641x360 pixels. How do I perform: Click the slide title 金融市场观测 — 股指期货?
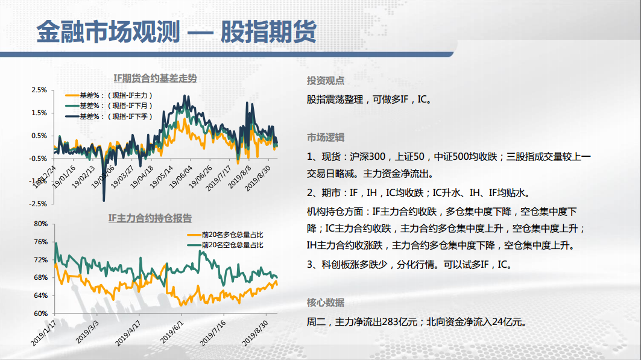(177, 31)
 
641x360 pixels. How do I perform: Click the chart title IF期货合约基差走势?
(156, 78)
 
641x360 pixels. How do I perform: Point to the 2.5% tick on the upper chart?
(39, 90)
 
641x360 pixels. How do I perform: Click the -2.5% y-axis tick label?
(38, 203)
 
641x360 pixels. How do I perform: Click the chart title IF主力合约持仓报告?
(150, 218)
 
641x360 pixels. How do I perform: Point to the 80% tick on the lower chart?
(41, 224)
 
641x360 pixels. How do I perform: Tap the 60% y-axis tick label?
(41, 314)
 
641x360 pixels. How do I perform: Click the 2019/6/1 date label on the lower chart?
(172, 332)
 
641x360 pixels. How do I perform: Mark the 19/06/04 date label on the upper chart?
(181, 177)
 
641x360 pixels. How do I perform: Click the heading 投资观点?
(326, 80)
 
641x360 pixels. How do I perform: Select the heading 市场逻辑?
(326, 137)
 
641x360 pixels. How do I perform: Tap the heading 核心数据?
(326, 302)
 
